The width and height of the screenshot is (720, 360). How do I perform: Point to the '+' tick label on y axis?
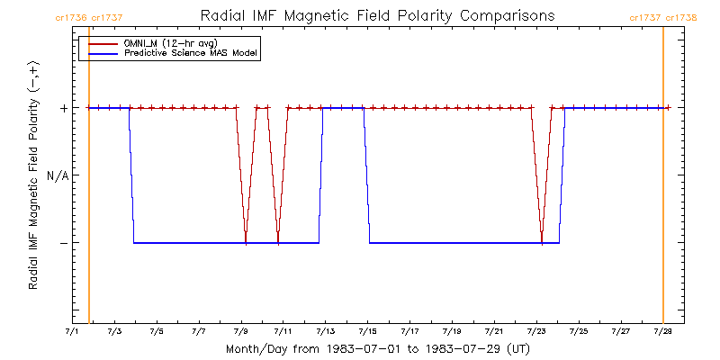(x=63, y=108)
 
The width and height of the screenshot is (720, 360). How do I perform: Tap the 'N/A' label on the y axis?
(x=58, y=175)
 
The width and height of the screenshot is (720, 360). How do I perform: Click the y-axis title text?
(x=33, y=175)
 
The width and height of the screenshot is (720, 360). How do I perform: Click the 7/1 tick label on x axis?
(x=72, y=331)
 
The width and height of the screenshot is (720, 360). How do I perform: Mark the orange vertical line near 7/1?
(x=89, y=180)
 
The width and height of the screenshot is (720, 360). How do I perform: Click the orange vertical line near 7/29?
(x=663, y=180)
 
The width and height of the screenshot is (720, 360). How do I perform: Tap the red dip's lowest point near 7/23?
(x=542, y=242)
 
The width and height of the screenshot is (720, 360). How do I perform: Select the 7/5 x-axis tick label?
(x=157, y=331)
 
